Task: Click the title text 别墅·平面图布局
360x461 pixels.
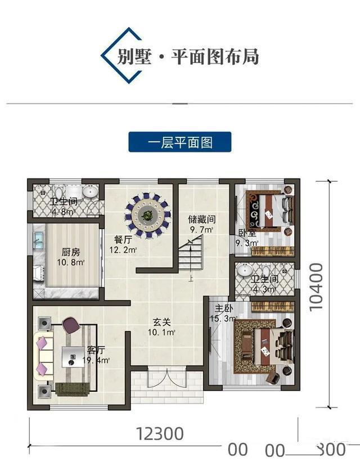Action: tap(188, 57)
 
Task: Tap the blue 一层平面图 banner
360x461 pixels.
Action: tap(180, 142)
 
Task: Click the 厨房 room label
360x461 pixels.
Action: tap(70, 257)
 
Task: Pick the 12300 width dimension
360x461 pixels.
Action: tap(160, 433)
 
